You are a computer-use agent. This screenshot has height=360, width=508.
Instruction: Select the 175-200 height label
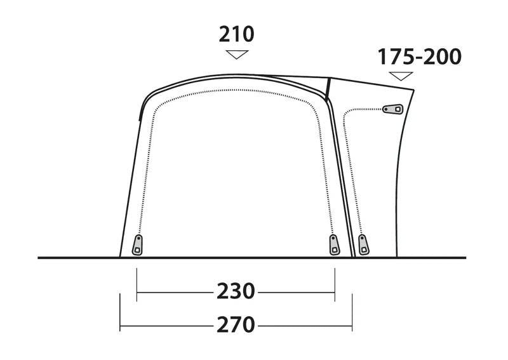point(419,57)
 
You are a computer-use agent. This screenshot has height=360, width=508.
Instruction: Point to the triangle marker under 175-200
point(401,76)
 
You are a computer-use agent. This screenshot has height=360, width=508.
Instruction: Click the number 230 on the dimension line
point(236,291)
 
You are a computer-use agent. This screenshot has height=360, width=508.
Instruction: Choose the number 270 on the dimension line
point(236,324)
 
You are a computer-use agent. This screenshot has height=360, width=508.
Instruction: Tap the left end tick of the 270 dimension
point(120,312)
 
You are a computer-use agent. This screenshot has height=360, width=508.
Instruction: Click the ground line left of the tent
point(76,258)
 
